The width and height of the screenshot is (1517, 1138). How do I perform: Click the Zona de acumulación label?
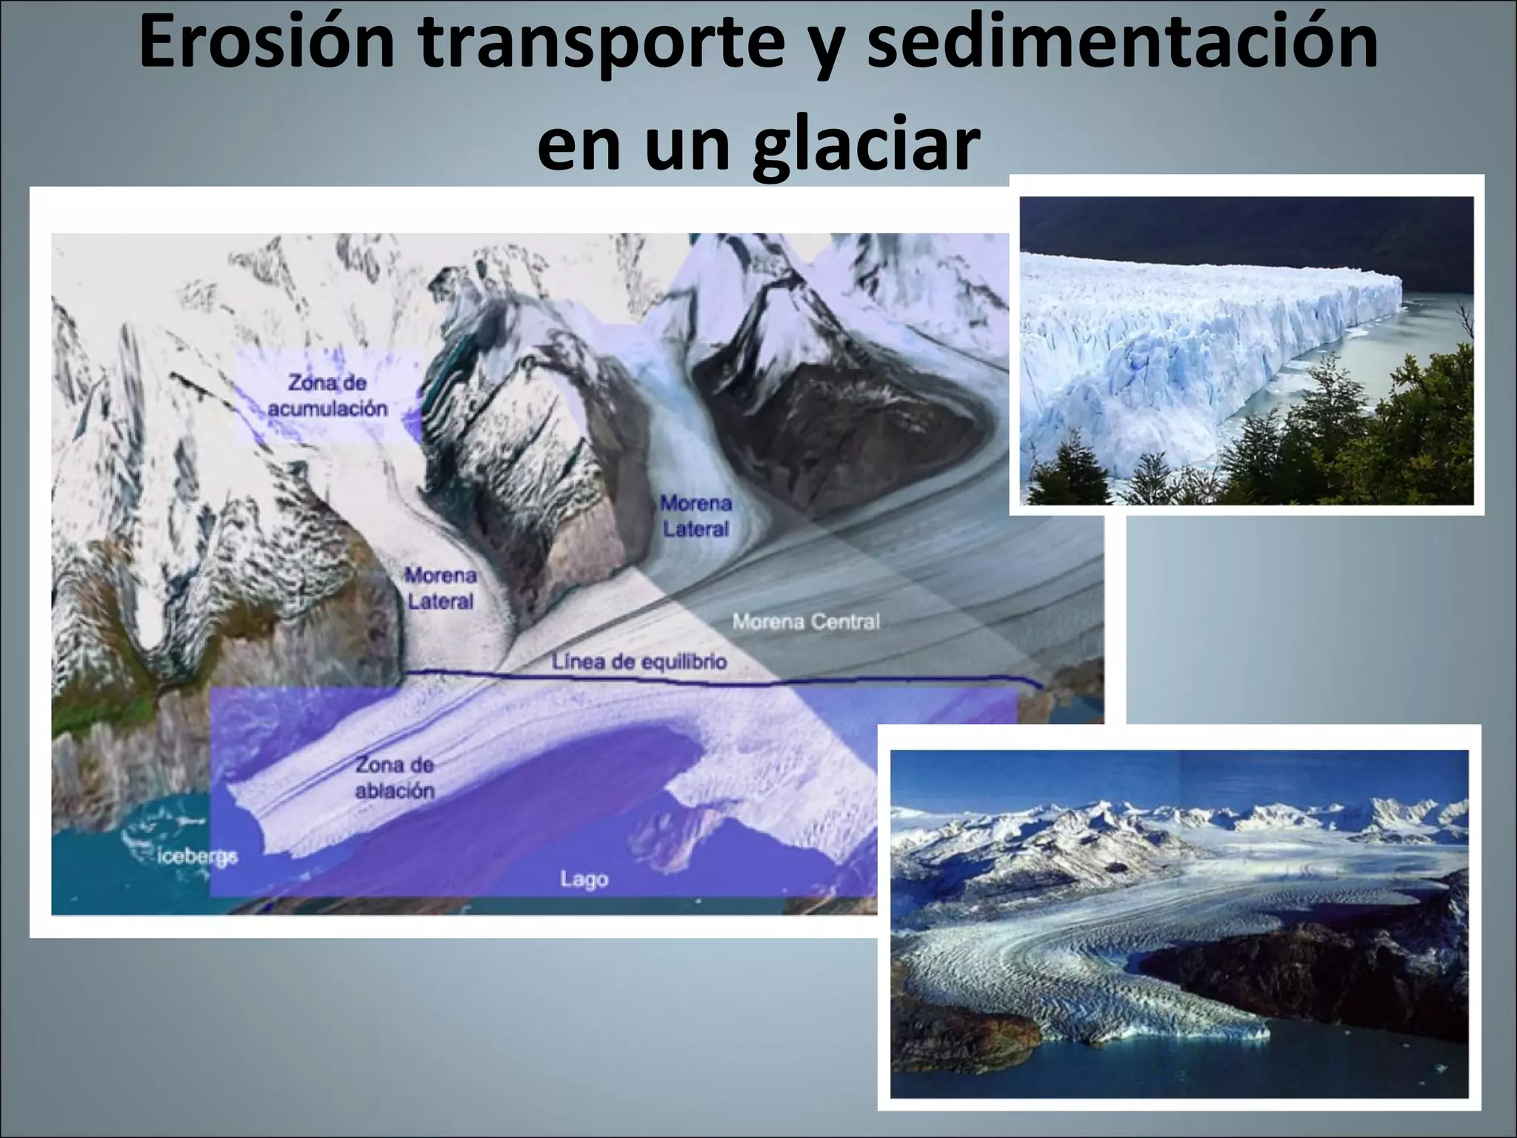[327, 396]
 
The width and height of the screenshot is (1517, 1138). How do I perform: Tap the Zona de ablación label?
[395, 777]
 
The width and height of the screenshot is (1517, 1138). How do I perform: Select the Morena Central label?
[806, 621]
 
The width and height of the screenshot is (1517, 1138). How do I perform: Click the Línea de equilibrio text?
[639, 661]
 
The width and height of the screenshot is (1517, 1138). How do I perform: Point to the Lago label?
[584, 879]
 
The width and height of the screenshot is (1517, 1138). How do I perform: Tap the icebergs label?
[198, 857]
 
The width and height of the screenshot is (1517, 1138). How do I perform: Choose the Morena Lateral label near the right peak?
[696, 516]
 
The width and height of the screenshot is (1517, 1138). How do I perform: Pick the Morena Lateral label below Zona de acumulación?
[440, 588]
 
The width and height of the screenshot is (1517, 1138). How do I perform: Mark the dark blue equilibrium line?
[889, 681]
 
